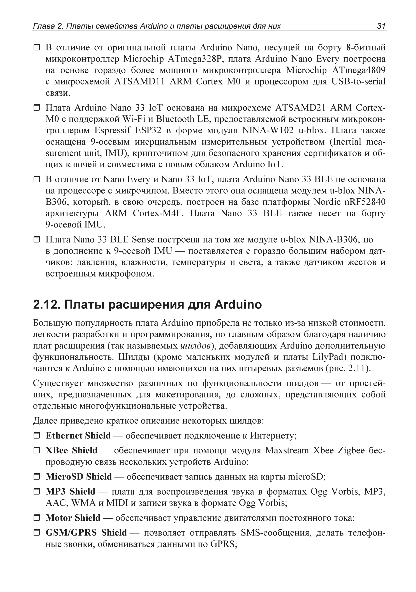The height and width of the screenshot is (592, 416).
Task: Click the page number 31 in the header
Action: coord(381,26)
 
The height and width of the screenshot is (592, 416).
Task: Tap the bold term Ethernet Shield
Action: coord(78,435)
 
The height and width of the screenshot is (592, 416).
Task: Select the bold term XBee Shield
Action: coord(71,450)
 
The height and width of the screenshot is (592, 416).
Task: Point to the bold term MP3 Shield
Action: coord(71,492)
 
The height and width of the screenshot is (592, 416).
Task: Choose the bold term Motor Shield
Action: coord(73,518)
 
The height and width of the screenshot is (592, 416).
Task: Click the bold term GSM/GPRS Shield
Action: coord(86,533)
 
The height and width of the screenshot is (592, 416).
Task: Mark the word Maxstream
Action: coord(287,450)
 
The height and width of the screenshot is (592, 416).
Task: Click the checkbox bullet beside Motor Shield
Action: coord(37,518)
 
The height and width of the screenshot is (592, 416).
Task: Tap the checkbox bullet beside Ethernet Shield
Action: coord(37,436)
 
